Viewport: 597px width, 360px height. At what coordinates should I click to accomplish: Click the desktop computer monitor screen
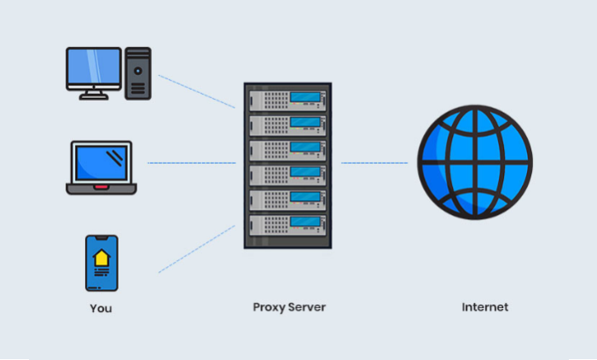tap(94, 67)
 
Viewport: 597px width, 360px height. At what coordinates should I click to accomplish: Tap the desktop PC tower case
tap(138, 73)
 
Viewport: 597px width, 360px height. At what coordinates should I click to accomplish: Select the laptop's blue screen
tap(101, 163)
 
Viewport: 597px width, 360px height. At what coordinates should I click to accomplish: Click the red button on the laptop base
tap(101, 187)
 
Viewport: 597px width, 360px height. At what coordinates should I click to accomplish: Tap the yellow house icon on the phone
tap(101, 258)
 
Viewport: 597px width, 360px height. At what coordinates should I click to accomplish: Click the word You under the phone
tap(101, 308)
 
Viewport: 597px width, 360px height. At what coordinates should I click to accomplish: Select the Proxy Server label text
tap(289, 307)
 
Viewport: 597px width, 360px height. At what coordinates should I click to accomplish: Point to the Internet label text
tap(485, 307)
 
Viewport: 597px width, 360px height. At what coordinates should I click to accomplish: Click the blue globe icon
tap(475, 162)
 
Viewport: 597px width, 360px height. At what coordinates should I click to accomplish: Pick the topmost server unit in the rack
tap(288, 101)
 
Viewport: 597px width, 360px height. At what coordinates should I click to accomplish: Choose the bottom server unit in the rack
tap(288, 225)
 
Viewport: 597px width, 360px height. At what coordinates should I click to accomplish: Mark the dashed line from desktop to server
tap(197, 91)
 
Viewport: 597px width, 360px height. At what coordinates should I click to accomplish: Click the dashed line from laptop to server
tap(192, 163)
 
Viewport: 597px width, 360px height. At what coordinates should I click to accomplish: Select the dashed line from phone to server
tap(197, 249)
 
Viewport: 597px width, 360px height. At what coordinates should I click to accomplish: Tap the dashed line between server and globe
tap(374, 163)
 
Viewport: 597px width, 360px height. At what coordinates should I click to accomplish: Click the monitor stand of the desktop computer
tap(94, 95)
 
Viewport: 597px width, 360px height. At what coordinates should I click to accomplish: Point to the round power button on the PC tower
tap(138, 71)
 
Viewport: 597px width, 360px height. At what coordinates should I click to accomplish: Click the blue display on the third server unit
tap(305, 147)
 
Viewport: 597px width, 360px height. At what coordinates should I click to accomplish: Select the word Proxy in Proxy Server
tap(269, 307)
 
